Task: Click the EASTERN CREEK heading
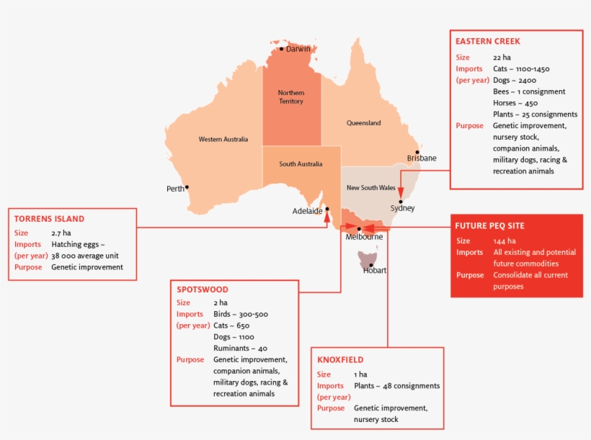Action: tap(487, 41)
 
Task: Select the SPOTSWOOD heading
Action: tap(203, 289)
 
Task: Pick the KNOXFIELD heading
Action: tap(340, 359)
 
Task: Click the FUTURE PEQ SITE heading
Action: tap(489, 225)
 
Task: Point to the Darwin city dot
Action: tap(282, 49)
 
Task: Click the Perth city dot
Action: tap(187, 187)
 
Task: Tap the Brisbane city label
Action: tap(421, 158)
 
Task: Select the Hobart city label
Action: tap(375, 271)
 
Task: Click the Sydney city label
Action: tap(402, 208)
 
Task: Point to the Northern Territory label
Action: tap(291, 97)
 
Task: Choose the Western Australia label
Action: tap(223, 139)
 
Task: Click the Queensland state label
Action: tap(363, 123)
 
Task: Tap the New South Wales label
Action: tap(370, 188)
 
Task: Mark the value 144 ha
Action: tap(505, 241)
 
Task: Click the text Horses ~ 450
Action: tap(515, 103)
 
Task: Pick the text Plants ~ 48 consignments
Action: tap(396, 386)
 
